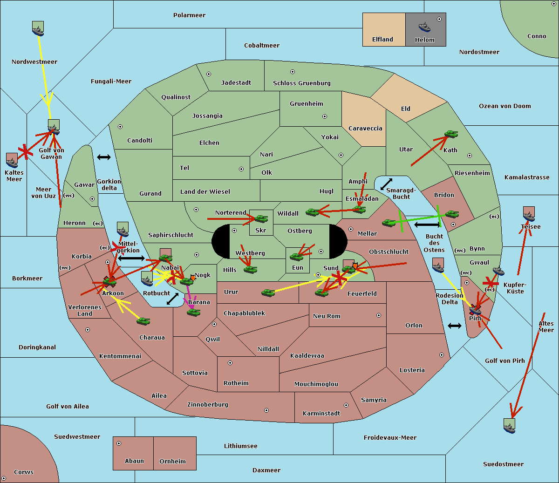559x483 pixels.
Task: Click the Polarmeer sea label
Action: pos(189,15)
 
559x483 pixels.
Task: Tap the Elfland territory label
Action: pos(382,40)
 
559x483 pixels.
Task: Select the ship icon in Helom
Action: pos(424,27)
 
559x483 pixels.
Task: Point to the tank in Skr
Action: pos(261,218)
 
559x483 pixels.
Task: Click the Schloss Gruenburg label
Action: pos(301,83)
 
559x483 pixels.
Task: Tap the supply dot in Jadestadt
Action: pos(209,74)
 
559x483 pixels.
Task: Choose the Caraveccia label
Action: pos(365,129)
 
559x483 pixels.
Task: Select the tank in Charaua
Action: pos(143,321)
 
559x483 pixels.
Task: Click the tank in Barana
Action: pos(193,312)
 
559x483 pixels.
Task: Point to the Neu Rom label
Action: pos(327,316)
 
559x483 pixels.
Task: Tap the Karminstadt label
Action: pos(321,414)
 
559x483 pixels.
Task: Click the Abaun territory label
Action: pos(134,461)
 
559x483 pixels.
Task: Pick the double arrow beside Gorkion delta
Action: pos(103,157)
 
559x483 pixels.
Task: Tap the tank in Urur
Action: pos(268,293)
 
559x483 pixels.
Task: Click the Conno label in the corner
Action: pos(537,36)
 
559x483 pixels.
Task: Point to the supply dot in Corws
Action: pos(4,478)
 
